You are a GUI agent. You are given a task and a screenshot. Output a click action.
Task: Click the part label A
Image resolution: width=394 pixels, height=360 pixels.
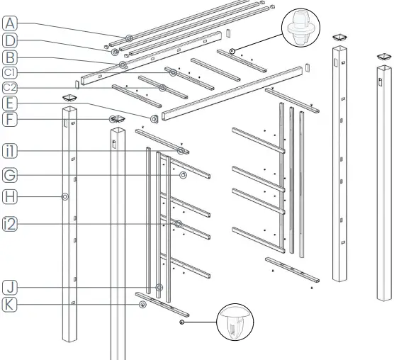click(9, 23)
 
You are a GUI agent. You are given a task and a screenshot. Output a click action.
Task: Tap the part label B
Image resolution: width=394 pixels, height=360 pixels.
click(9, 56)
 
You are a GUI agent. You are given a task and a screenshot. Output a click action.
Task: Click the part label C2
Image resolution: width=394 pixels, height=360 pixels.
click(9, 88)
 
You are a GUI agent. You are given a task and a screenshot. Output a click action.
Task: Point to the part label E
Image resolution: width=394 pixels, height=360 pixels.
click(9, 104)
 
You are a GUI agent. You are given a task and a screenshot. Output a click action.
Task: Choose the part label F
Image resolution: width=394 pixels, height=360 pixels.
click(9, 120)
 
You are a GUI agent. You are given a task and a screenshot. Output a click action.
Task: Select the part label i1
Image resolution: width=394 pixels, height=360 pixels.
click(9, 151)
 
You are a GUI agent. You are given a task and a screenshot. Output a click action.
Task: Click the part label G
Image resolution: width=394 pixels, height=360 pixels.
click(9, 174)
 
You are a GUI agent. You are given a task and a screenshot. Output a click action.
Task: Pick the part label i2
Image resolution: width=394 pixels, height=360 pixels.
click(9, 225)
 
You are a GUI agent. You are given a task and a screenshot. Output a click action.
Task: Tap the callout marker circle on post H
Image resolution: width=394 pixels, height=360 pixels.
click(64, 197)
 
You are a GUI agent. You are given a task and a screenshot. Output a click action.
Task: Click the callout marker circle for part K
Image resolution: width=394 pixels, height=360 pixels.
click(142, 304)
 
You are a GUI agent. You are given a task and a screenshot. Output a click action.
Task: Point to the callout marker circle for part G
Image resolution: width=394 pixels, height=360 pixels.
click(183, 174)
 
